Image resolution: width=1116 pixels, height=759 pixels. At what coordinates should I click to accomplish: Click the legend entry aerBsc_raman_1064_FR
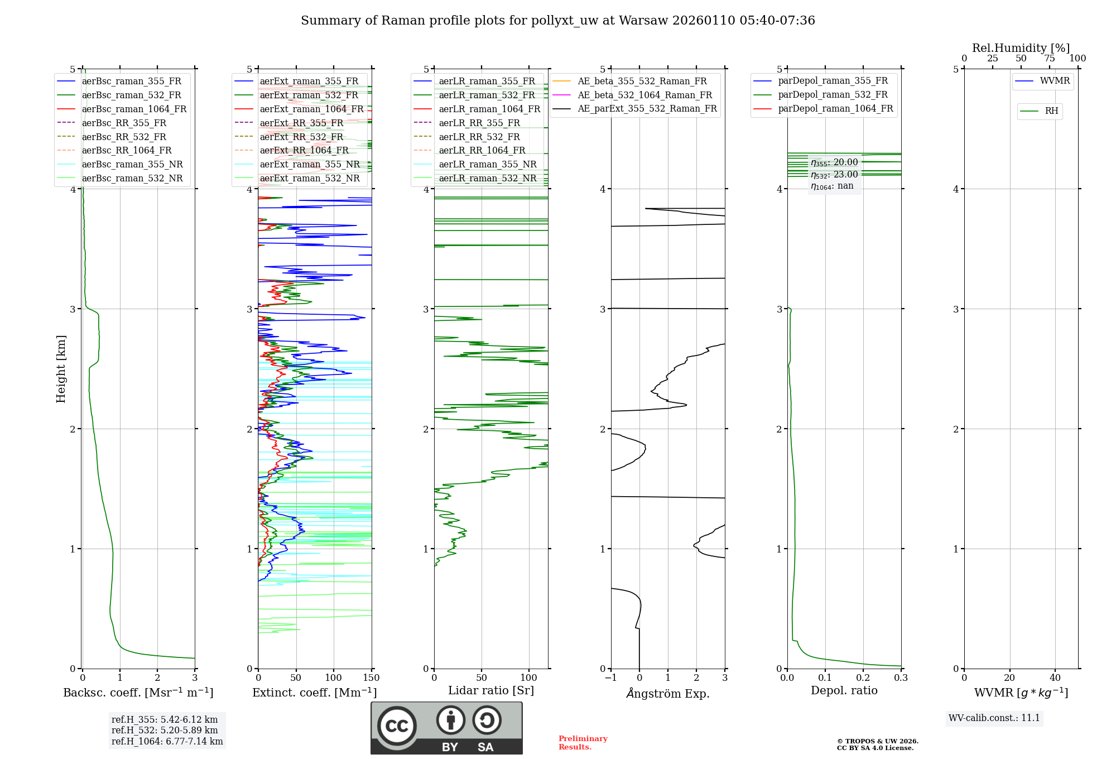(134, 109)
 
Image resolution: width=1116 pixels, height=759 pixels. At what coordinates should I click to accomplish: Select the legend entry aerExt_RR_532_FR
(301, 137)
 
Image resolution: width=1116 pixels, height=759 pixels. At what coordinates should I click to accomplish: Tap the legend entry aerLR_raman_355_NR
(487, 165)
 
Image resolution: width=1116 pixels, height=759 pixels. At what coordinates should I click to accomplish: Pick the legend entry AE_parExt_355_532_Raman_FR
(647, 109)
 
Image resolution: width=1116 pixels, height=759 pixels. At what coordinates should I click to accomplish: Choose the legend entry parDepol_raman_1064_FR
(835, 109)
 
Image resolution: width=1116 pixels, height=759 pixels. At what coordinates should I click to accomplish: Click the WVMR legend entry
(1055, 81)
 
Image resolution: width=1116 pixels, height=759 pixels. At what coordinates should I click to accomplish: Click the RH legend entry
(1051, 111)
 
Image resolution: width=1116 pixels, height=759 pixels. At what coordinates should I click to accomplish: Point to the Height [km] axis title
(61, 369)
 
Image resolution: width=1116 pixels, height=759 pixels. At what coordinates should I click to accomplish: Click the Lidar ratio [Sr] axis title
(491, 690)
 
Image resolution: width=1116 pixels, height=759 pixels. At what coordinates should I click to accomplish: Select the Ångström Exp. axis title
(668, 694)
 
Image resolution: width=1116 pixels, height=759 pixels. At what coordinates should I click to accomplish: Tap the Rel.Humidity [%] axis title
(1021, 48)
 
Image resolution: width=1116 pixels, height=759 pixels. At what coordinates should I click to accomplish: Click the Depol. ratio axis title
(844, 690)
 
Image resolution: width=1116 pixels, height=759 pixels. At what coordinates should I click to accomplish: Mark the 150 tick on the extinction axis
(371, 678)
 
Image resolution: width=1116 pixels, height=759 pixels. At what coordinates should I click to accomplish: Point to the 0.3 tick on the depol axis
(901, 678)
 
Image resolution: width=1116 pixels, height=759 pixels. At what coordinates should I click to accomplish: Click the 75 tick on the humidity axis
(1050, 59)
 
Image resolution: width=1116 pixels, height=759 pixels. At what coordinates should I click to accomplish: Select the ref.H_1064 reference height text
(167, 742)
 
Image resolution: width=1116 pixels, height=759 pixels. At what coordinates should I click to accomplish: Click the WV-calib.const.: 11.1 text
(994, 718)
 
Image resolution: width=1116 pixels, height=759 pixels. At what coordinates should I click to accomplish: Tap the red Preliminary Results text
(583, 743)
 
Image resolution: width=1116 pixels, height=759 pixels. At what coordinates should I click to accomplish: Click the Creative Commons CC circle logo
(397, 726)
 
